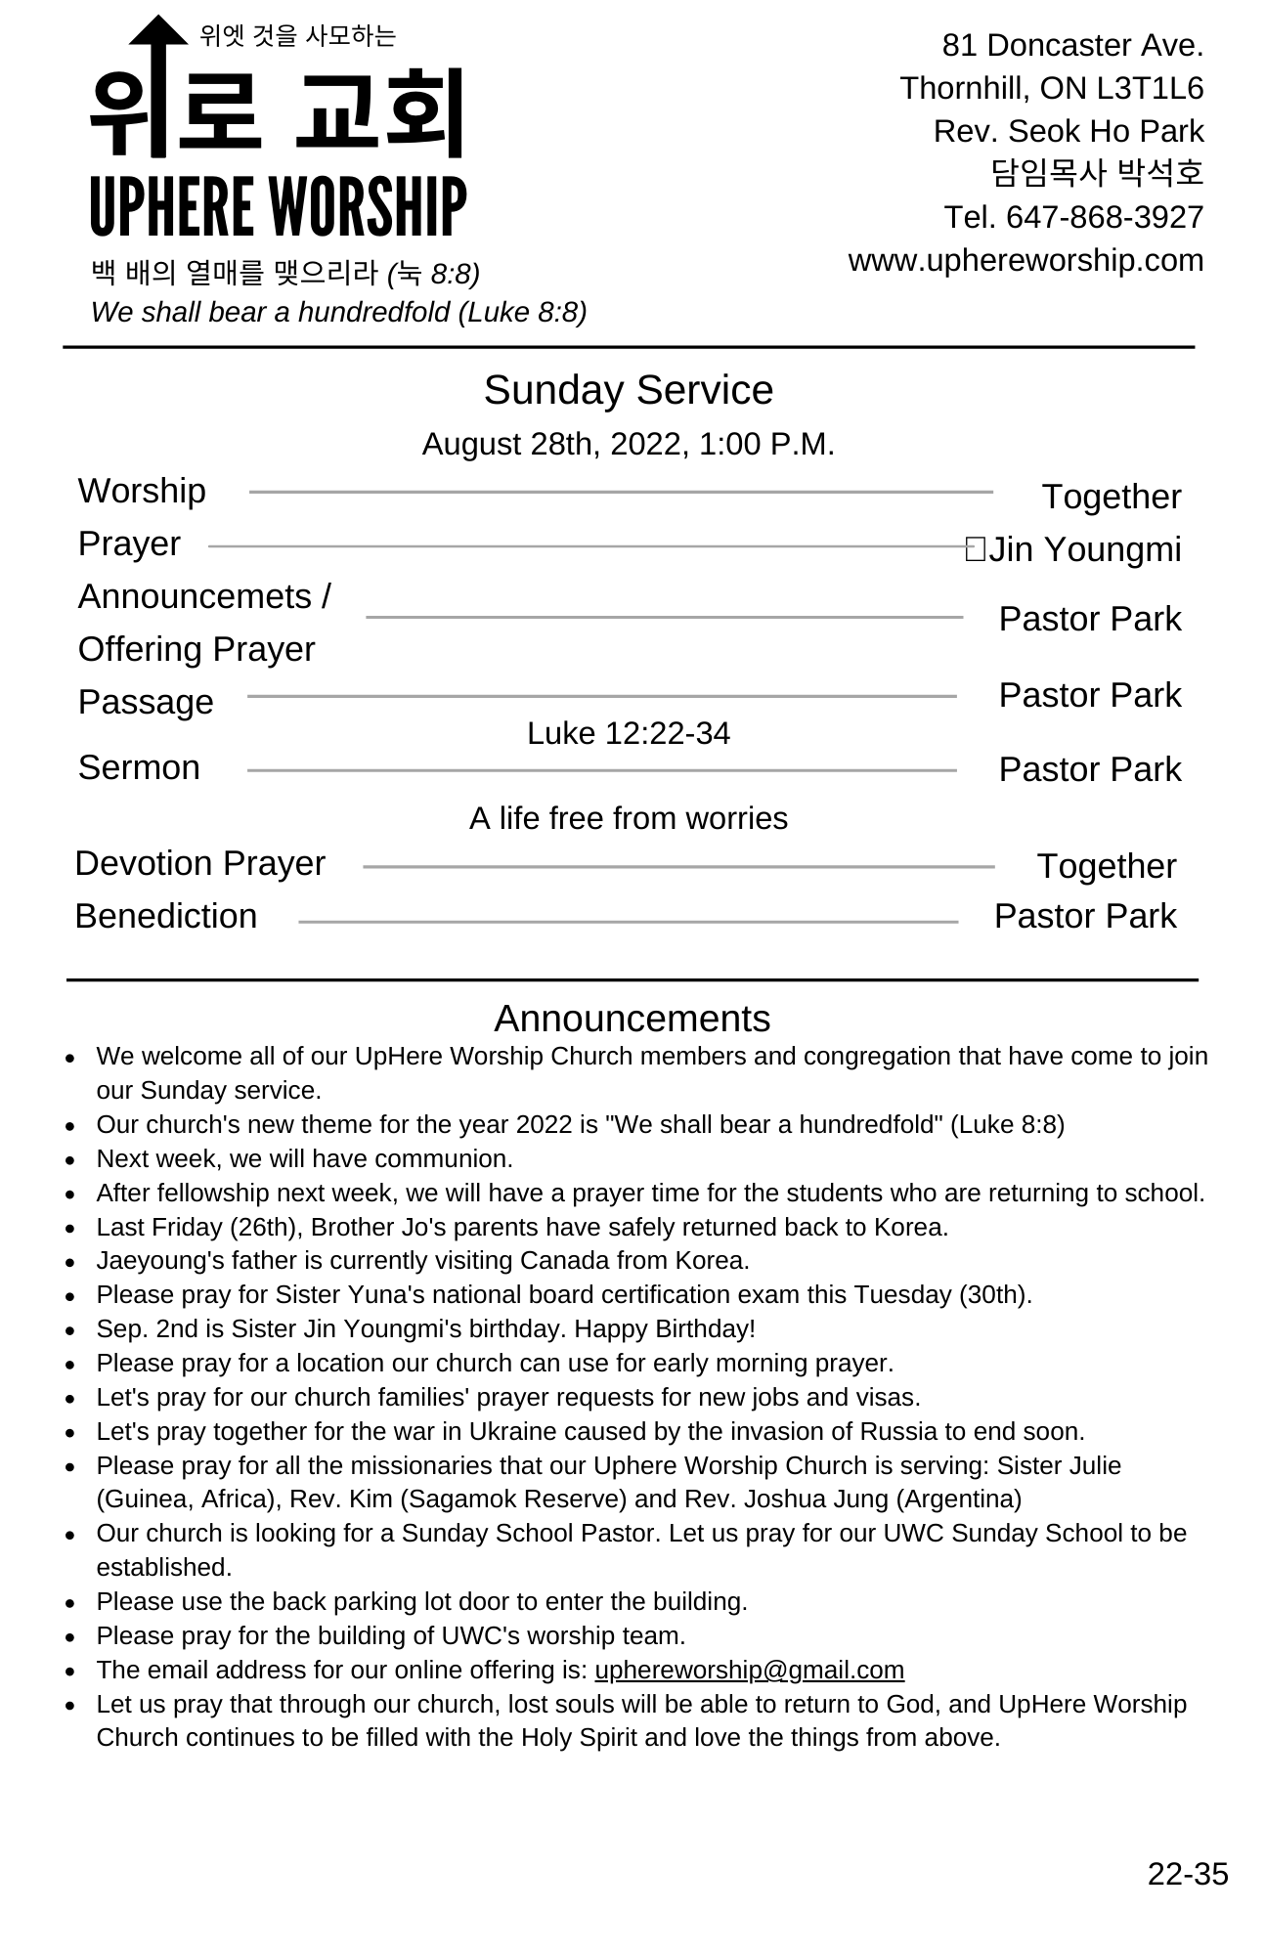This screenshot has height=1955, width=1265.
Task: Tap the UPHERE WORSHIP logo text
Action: tap(278, 206)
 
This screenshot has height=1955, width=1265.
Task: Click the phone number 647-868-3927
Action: tap(1105, 217)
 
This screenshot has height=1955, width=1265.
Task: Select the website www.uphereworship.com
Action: tap(1025, 260)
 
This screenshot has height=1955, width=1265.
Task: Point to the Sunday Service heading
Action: tap(628, 390)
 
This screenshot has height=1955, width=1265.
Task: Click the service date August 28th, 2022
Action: tap(555, 444)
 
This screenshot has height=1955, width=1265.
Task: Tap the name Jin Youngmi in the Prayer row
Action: tap(1084, 549)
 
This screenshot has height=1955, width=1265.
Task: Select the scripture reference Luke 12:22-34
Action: tap(628, 733)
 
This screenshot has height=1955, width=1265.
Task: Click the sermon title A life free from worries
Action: tap(628, 818)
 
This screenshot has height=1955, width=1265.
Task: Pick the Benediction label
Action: tap(166, 916)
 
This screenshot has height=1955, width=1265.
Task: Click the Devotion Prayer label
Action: tap(199, 863)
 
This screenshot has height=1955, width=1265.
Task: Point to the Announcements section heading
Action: tap(632, 1019)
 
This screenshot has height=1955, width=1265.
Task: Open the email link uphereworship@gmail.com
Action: tap(749, 1670)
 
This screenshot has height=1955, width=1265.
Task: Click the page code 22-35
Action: tap(1187, 1874)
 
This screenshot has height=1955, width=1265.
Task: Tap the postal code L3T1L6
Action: tap(1150, 88)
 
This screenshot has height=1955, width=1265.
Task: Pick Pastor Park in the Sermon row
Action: tap(1089, 769)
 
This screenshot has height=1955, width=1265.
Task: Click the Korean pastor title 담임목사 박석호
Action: tap(1097, 173)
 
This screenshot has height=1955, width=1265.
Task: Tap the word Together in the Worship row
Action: tap(1111, 497)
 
